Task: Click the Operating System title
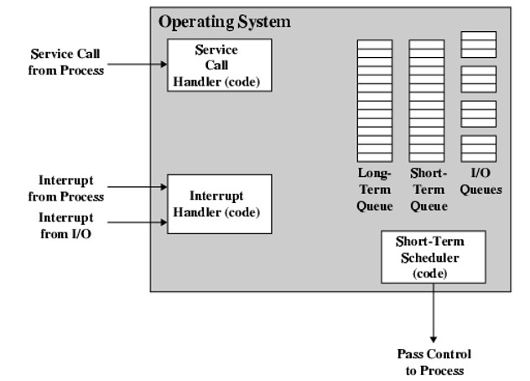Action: coord(224,22)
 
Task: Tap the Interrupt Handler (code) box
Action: coord(219,204)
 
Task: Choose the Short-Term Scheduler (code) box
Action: coord(433,257)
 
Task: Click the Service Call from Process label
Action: coord(67,63)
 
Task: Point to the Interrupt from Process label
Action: coord(70,189)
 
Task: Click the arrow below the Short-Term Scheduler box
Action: coord(434,311)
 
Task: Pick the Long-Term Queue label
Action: coord(374,190)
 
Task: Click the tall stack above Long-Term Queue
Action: coord(374,100)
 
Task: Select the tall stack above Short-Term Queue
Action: coord(426,100)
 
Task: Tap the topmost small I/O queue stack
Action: coord(479,44)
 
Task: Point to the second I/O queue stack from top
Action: coord(479,79)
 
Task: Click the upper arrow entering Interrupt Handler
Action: coord(138,189)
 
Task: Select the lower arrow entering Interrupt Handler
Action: coord(138,222)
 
